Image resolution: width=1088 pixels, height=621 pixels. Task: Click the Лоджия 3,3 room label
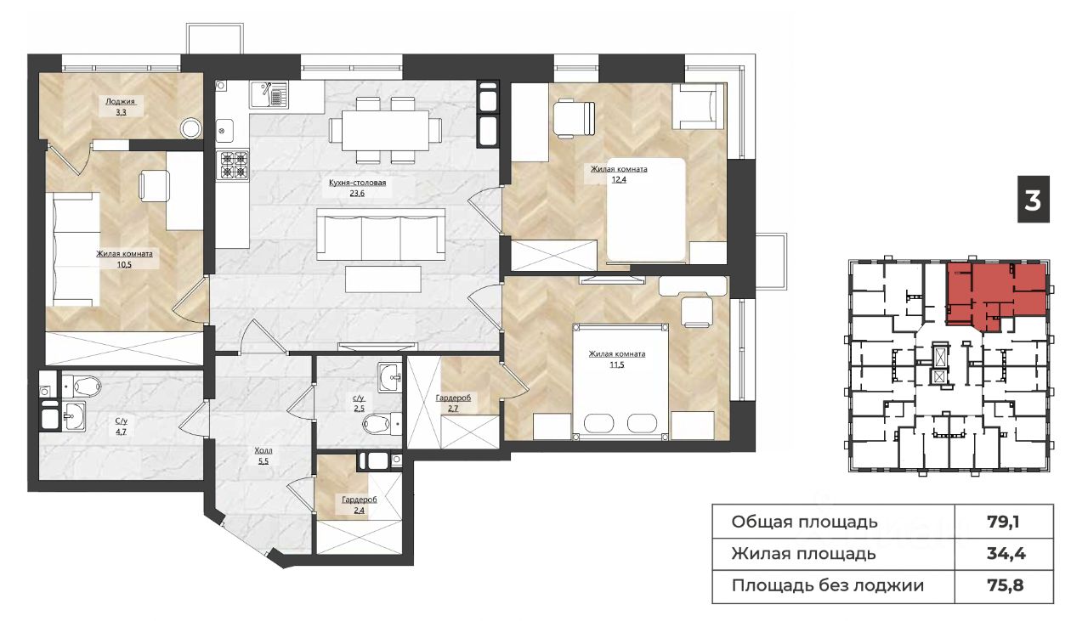pos(121,107)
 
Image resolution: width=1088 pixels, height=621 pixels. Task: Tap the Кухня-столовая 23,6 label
pos(358,188)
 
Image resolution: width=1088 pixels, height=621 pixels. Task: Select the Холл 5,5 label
pos(263,456)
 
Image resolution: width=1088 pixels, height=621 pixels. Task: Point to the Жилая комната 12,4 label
pos(619,174)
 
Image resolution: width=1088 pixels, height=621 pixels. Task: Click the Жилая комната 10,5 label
pos(124,259)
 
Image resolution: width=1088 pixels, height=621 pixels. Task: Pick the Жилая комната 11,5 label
pos(617,359)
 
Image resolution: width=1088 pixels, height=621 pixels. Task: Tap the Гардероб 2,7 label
pos(453,403)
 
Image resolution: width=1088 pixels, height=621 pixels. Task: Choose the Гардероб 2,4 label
pos(360,505)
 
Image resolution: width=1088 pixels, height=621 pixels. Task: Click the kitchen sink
pos(269,94)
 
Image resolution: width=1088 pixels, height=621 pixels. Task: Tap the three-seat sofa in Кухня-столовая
pos(381,234)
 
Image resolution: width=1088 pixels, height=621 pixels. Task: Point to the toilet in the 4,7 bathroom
pos(82,386)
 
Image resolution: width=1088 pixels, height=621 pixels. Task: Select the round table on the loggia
pos(191,128)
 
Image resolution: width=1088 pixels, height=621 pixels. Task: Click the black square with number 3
pos(1034,199)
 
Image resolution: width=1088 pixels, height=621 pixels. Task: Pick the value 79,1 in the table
pos(1004,522)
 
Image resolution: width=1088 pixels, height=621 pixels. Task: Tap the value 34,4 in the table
pos(1006,554)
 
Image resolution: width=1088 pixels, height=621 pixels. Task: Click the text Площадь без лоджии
pos(828,585)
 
